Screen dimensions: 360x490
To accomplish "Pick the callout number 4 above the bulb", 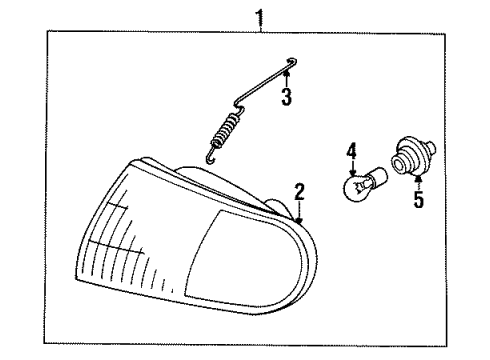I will tap(351, 151).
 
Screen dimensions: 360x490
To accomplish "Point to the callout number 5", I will tap(418, 199).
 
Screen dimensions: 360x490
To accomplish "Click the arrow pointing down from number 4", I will tap(351, 170).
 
